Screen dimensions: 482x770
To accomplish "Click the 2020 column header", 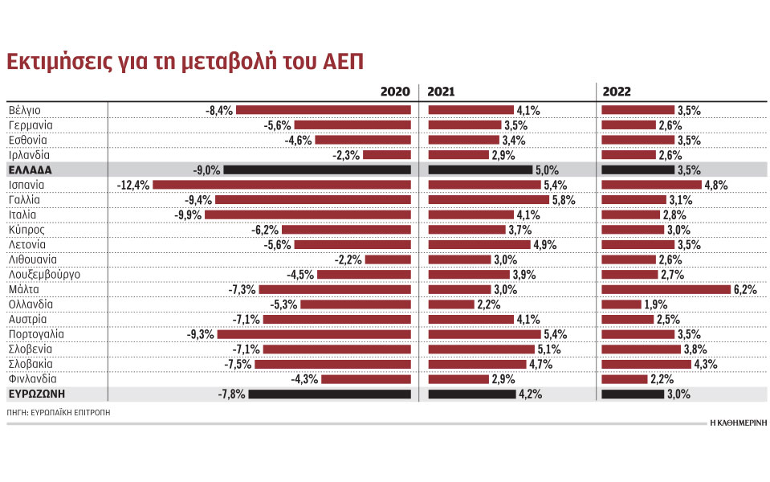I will (395, 92).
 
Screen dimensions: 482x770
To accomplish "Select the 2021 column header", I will (441, 92).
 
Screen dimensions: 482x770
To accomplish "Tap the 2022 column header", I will (616, 92).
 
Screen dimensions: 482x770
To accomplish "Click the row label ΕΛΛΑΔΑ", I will (30, 170).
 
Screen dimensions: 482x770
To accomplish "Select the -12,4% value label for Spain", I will (133, 185).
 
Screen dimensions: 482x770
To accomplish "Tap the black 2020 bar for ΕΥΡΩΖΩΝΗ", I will (329, 394).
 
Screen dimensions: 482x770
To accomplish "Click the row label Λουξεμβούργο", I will (44, 275).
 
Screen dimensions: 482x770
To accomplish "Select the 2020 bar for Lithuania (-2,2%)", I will (389, 259).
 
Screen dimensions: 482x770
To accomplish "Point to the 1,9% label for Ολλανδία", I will (654, 304).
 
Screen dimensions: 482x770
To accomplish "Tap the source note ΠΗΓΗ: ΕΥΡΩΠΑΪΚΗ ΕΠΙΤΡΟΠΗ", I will (59, 411).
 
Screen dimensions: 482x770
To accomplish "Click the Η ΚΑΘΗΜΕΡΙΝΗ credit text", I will (736, 423).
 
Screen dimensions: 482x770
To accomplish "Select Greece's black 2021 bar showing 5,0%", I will (480, 170).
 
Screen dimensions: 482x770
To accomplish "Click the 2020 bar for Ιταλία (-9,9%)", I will (308, 214).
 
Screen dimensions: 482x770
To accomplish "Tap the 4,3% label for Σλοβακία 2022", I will (704, 364).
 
